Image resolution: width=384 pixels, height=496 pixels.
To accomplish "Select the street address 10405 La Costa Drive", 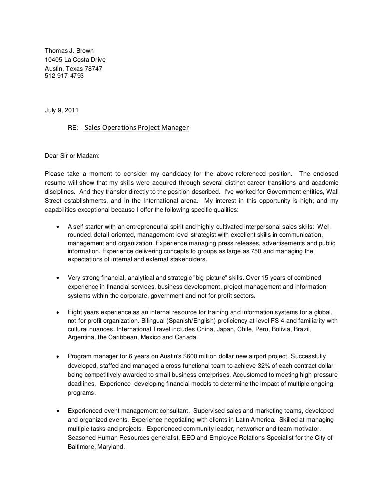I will pyautogui.click(x=75, y=60).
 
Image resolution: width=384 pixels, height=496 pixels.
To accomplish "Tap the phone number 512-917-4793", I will pyautogui.click(x=64, y=76).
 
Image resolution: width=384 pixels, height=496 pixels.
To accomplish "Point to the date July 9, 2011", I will pyautogui.click(x=61, y=110).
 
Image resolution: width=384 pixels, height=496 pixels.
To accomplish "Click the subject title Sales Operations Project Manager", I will pyautogui.click(x=136, y=128).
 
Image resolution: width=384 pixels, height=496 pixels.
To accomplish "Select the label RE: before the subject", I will pyautogui.click(x=73, y=128).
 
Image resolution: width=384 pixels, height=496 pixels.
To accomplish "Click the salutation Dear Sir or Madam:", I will pyautogui.click(x=72, y=156).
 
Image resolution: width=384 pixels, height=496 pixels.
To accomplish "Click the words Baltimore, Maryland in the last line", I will pyautogui.click(x=95, y=447).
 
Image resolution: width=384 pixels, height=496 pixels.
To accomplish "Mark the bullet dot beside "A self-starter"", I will pyautogui.click(x=60, y=226).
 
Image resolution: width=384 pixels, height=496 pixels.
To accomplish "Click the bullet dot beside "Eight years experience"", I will pyautogui.click(x=60, y=312).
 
